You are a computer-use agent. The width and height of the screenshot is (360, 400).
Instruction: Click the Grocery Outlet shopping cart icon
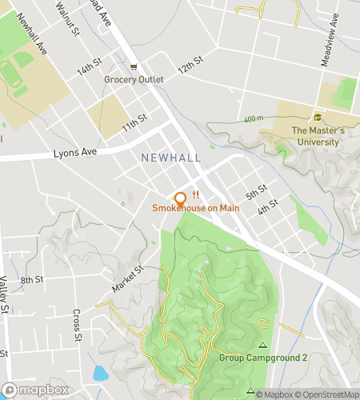coord(134,67)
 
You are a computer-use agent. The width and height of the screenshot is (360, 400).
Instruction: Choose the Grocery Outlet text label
coord(134,79)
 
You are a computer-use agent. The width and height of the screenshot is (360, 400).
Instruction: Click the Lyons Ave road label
coord(74,152)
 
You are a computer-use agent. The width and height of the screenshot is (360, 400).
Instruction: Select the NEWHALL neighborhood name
coord(171,158)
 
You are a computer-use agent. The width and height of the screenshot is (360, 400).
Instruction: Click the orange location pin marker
coord(180,199)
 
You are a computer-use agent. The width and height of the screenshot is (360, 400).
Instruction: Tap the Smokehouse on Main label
coord(196,209)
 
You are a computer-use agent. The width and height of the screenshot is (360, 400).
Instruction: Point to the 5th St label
coord(256,193)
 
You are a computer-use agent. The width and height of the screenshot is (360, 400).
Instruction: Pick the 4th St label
coord(267,206)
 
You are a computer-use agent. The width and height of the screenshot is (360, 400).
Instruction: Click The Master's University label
coord(318,136)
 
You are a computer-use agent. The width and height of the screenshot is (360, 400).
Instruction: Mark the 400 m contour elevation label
coord(254,120)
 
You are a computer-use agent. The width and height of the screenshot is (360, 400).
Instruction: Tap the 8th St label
coord(31,279)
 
